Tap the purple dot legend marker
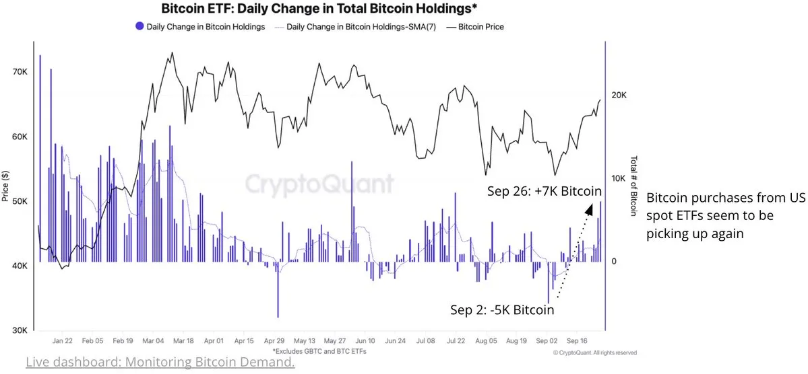pyautogui.click(x=140, y=27)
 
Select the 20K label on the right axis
pyautogui.click(x=619, y=96)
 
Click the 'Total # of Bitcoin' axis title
pyautogui.click(x=633, y=186)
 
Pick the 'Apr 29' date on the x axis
pyautogui.click(x=276, y=341)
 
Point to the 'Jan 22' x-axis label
pyautogui.click(x=63, y=341)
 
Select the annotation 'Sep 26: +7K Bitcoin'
pyautogui.click(x=545, y=192)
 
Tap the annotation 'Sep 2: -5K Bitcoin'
pyautogui.click(x=502, y=310)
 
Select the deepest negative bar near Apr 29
pyautogui.click(x=277, y=315)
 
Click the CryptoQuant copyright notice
pyautogui.click(x=594, y=352)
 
